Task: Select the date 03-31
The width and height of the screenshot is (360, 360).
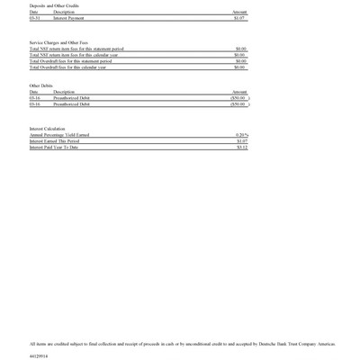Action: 34,17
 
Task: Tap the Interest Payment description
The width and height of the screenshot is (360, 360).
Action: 69,17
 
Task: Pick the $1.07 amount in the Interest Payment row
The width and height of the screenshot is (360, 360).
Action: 239,17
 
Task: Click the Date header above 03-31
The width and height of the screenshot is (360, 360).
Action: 33,12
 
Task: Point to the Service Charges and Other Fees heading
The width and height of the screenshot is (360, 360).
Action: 59,42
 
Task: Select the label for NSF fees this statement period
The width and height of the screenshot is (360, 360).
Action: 76,49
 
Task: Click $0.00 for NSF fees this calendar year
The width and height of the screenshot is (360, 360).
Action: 240,55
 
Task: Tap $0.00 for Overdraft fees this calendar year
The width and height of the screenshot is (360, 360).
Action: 240,67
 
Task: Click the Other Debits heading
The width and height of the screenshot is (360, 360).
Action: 41,85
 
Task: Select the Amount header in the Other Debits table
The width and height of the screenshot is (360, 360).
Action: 239,92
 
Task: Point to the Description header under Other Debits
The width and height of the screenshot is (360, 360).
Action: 64,92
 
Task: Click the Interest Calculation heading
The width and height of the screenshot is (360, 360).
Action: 48,129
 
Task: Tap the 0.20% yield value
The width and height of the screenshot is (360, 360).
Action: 241,135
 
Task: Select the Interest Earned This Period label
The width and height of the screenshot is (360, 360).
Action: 54,141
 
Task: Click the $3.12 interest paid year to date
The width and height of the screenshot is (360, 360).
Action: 241,148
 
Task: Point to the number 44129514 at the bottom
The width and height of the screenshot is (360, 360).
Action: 39,355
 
